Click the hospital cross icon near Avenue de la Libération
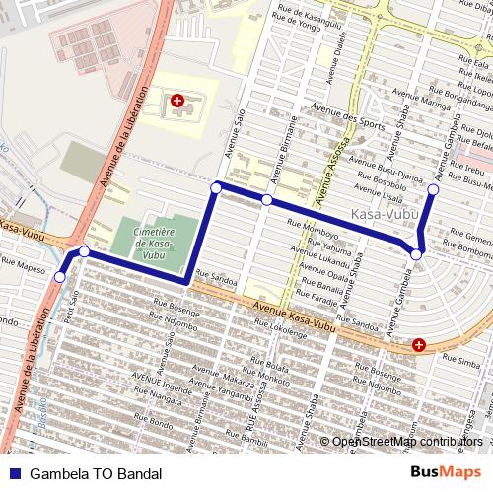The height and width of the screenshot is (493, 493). tap(177, 101)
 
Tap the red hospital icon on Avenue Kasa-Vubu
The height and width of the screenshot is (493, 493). tap(419, 345)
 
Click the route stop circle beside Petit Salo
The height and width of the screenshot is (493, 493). tap(60, 278)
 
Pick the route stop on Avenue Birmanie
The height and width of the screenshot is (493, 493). tap(266, 200)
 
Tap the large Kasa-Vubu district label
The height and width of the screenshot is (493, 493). tap(386, 213)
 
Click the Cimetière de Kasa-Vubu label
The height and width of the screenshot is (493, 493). tap(153, 242)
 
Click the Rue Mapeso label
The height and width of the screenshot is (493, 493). tap(24, 264)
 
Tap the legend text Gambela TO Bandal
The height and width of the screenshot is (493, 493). tap(96, 474)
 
